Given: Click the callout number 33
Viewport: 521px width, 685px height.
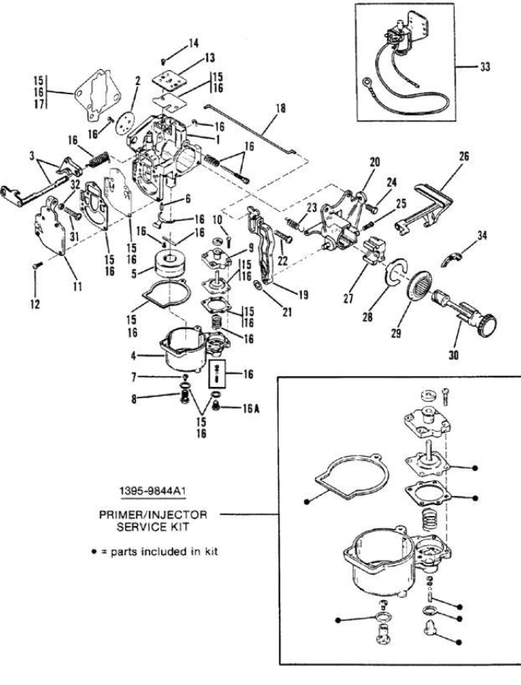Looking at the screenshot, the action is (484, 67).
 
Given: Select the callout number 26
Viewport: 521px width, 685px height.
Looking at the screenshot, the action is (463, 156).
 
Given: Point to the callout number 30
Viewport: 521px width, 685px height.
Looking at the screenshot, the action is (454, 355).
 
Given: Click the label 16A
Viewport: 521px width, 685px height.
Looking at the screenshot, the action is (252, 409).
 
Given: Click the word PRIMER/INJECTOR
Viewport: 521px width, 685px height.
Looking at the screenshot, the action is (153, 515).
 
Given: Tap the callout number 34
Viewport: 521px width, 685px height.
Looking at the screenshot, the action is (481, 236).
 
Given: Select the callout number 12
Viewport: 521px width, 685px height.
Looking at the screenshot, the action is (35, 304).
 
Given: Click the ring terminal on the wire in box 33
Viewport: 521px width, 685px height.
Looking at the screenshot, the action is (366, 82).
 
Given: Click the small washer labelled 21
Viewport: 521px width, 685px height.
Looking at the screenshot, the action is (259, 286).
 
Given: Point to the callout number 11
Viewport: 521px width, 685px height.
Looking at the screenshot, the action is (77, 286).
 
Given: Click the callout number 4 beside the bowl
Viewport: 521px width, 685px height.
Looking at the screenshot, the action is (133, 355).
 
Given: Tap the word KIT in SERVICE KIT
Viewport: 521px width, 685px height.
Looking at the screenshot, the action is (180, 526).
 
